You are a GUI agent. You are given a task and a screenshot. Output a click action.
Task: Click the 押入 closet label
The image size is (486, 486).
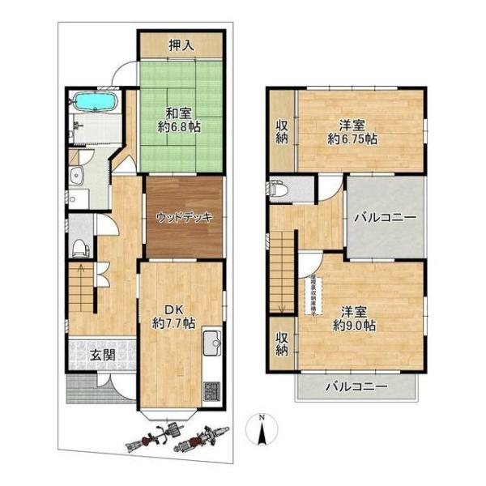(181, 45)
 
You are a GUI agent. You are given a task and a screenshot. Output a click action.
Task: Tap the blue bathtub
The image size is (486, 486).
(96, 103)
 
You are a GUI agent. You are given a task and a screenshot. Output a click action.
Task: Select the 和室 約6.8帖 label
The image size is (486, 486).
(179, 121)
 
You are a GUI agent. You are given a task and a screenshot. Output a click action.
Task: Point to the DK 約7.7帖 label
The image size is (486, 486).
(173, 316)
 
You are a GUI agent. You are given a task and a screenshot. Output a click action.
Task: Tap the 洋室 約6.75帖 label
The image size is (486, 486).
(352, 131)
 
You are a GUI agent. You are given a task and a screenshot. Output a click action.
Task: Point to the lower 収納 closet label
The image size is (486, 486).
(281, 343)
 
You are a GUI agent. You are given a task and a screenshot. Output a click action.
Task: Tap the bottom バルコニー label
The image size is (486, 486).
(356, 386)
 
